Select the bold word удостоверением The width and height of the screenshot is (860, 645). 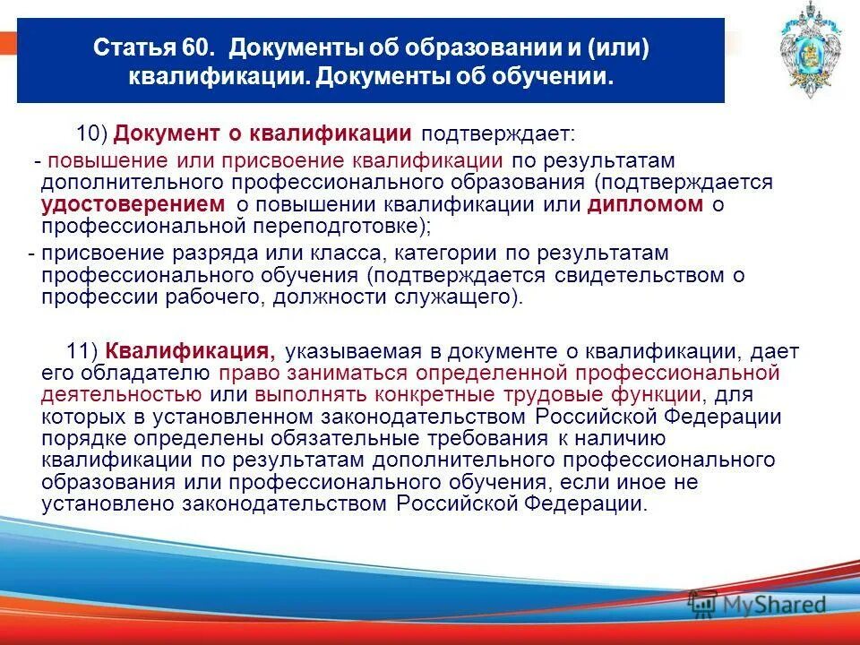coord(133,204)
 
